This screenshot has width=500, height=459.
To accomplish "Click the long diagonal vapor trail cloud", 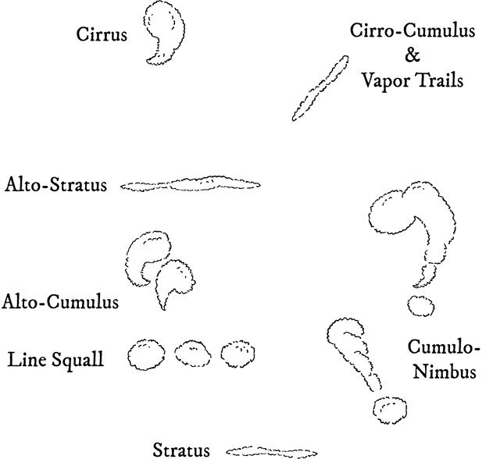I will (x=320, y=87).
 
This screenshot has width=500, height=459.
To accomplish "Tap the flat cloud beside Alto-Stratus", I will (x=191, y=185).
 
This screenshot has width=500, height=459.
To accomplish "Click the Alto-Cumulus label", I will (x=60, y=301).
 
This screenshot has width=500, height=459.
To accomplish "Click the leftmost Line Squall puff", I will (x=146, y=356).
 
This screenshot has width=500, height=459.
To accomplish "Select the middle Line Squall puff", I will (x=193, y=356).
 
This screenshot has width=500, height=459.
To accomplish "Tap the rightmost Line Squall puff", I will (x=238, y=355).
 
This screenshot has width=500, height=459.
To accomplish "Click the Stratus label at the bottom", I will (x=181, y=449).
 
